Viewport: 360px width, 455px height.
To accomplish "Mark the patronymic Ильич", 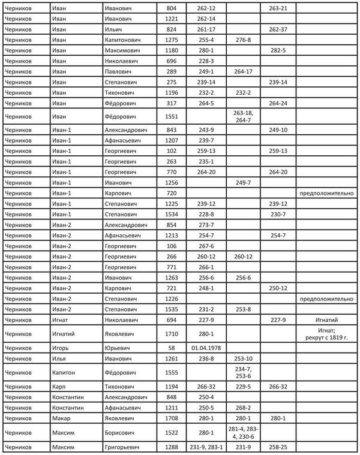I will [114, 29].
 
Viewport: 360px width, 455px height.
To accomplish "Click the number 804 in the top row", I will [172, 8].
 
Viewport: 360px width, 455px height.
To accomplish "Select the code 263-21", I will [278, 8].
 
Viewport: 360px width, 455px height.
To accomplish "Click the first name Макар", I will [61, 418].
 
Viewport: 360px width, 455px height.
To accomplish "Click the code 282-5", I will [278, 50].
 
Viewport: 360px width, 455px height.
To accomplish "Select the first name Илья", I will [60, 358].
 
